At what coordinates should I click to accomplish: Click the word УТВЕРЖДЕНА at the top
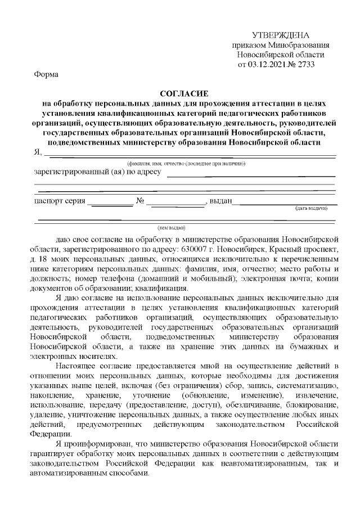pos(280,35)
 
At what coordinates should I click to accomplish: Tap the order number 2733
pos(304,64)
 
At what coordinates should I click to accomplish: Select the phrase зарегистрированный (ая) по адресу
pos(98,172)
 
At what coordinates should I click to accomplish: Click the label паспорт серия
pos(60,201)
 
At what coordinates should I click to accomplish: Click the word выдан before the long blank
pos(220,201)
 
